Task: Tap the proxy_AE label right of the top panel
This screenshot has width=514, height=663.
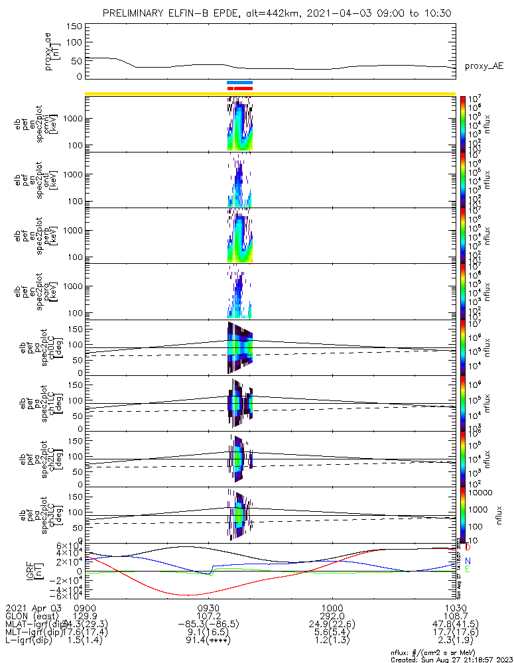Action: pyautogui.click(x=484, y=66)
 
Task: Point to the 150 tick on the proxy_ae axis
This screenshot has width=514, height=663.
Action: pyautogui.click(x=74, y=27)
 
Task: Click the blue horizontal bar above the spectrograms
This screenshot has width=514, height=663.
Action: pyautogui.click(x=239, y=83)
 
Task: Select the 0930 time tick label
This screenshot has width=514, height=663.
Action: pyautogui.click(x=209, y=608)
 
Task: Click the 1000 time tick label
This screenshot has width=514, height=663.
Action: pyautogui.click(x=332, y=608)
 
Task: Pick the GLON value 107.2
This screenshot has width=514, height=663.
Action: pyautogui.click(x=209, y=616)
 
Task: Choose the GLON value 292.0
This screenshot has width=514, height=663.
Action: pyautogui.click(x=332, y=616)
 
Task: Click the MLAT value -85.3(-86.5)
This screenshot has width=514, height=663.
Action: pyautogui.click(x=209, y=625)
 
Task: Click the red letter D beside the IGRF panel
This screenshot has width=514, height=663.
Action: pyautogui.click(x=467, y=548)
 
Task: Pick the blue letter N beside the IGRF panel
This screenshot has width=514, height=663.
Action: pyautogui.click(x=467, y=561)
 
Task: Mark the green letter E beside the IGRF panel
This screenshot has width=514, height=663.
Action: pyautogui.click(x=467, y=570)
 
